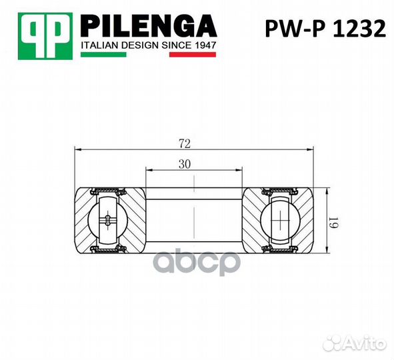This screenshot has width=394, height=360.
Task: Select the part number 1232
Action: click(359, 29)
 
